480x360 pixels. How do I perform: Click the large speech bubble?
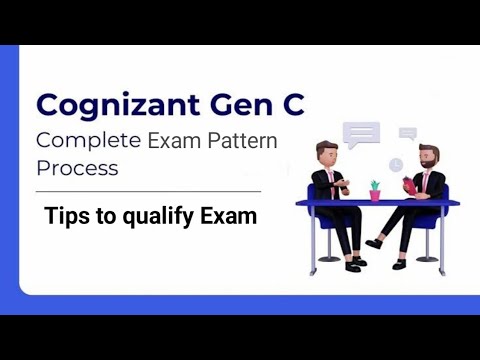362,135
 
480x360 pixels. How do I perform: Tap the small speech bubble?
407,133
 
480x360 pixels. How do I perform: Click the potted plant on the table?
376,189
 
